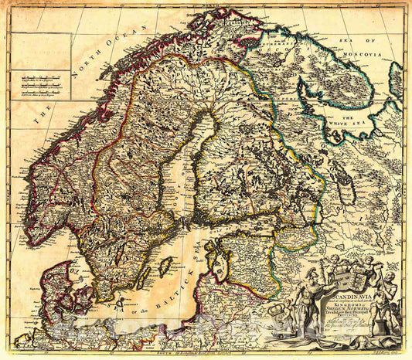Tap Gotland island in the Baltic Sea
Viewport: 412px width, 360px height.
click(x=165, y=267)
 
